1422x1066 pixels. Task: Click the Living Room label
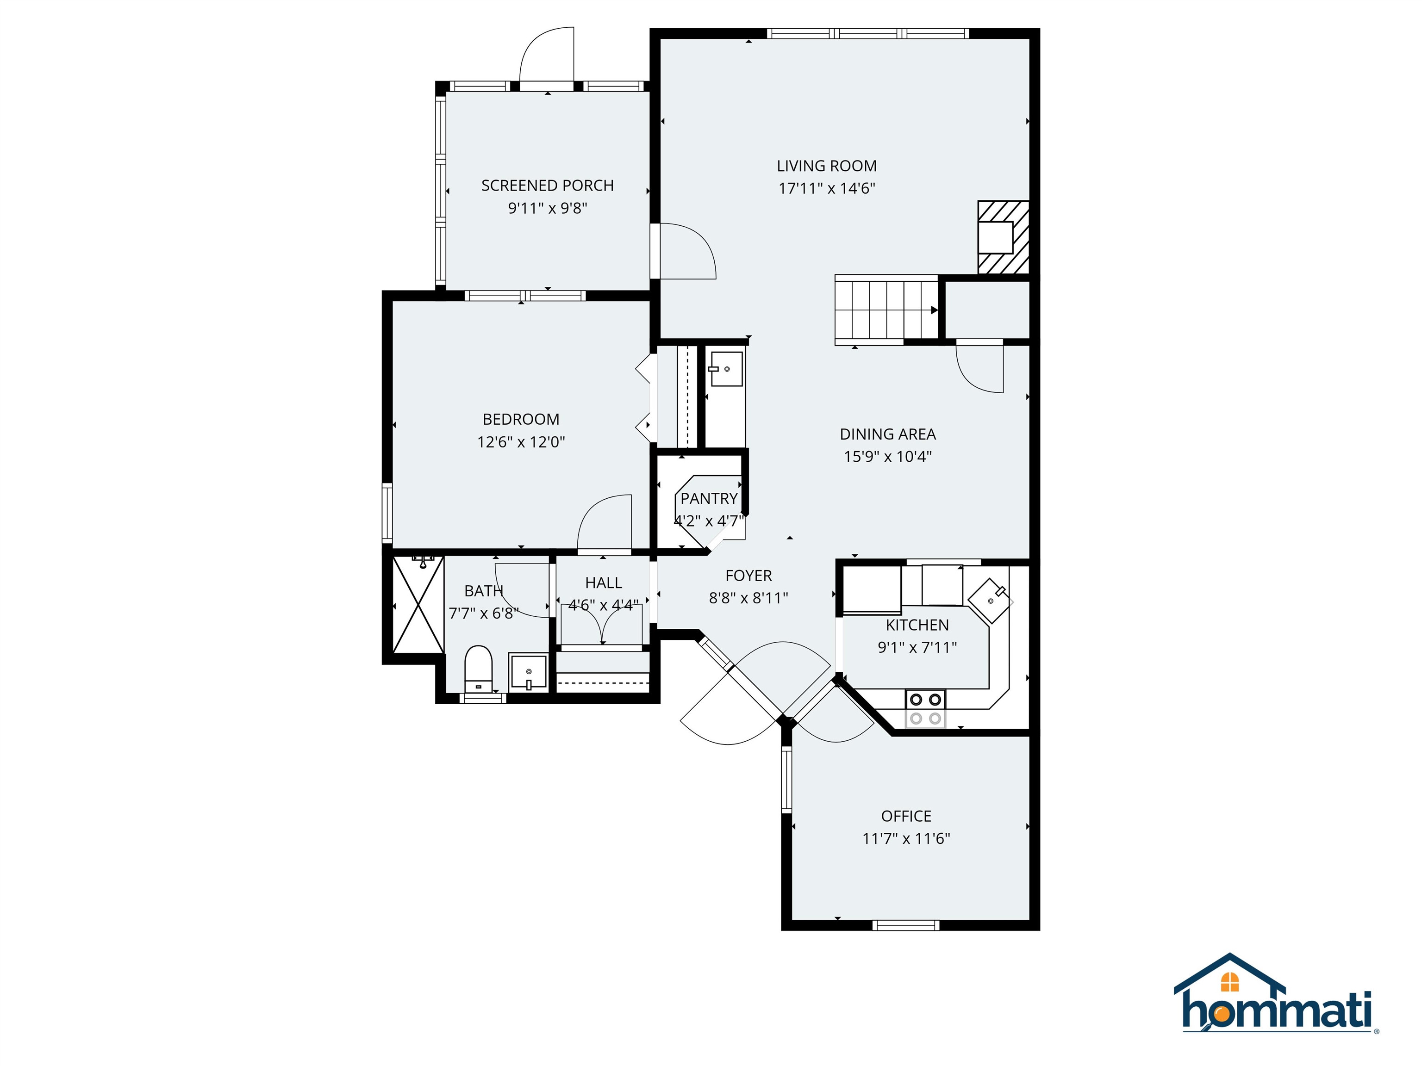click(x=826, y=166)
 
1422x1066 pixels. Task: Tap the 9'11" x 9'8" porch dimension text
click(x=547, y=208)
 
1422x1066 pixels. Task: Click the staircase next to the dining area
click(x=886, y=310)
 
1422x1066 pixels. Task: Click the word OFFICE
click(x=906, y=816)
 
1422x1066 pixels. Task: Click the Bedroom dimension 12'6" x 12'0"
click(x=521, y=442)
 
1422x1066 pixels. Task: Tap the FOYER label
click(x=748, y=576)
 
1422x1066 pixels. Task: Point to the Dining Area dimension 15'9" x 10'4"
click(x=887, y=457)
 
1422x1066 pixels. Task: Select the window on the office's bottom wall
click(x=906, y=925)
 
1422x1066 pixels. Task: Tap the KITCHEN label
click(x=917, y=625)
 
